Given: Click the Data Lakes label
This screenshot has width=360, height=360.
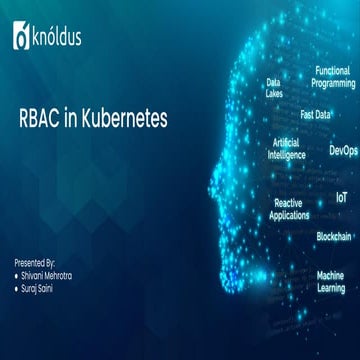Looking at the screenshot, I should point(273,88).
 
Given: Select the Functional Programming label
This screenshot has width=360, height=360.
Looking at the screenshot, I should point(332,77).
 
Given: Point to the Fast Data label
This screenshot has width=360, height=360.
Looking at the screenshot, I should point(316,114).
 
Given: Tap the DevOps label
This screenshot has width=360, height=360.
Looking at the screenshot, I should point(342,151).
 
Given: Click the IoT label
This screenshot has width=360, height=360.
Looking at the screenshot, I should point(341,198).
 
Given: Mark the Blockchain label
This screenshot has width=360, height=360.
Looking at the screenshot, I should point(333,237).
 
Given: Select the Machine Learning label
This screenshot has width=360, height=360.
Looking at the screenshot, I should point(331,281).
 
